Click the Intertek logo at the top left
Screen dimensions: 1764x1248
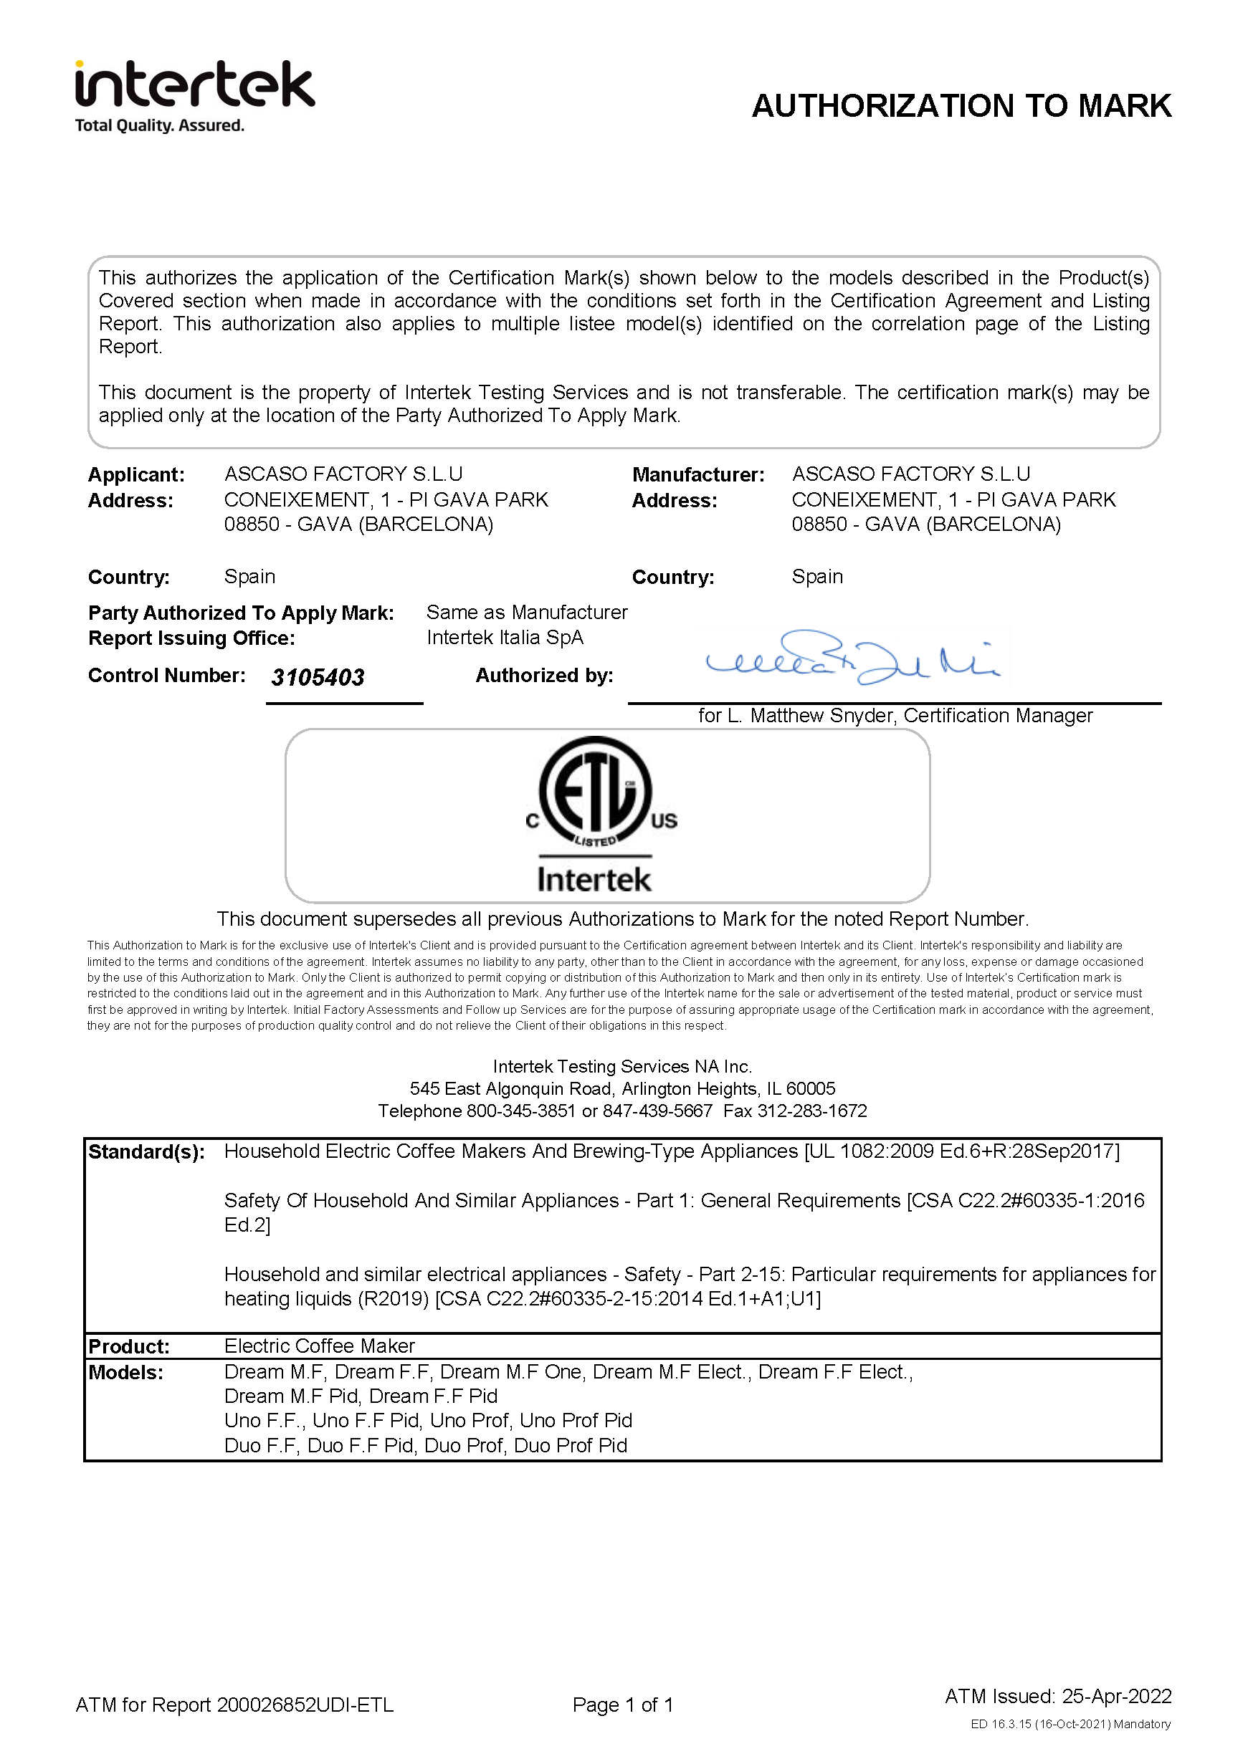194,95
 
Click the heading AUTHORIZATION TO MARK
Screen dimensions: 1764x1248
961,106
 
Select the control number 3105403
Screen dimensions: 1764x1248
318,677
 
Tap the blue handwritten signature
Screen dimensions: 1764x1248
852,658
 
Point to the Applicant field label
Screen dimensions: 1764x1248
136,475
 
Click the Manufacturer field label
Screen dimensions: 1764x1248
697,475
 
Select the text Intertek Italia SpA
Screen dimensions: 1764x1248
505,638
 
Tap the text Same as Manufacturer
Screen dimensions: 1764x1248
526,613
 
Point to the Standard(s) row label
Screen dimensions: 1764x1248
146,1151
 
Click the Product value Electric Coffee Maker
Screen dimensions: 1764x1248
319,1346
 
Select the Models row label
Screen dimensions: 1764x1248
125,1372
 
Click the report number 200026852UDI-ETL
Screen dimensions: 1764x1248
305,1705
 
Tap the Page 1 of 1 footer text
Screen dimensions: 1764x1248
622,1705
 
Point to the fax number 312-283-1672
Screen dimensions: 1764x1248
812,1111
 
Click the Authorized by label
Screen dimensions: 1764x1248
544,676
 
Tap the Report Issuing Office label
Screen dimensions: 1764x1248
191,638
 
